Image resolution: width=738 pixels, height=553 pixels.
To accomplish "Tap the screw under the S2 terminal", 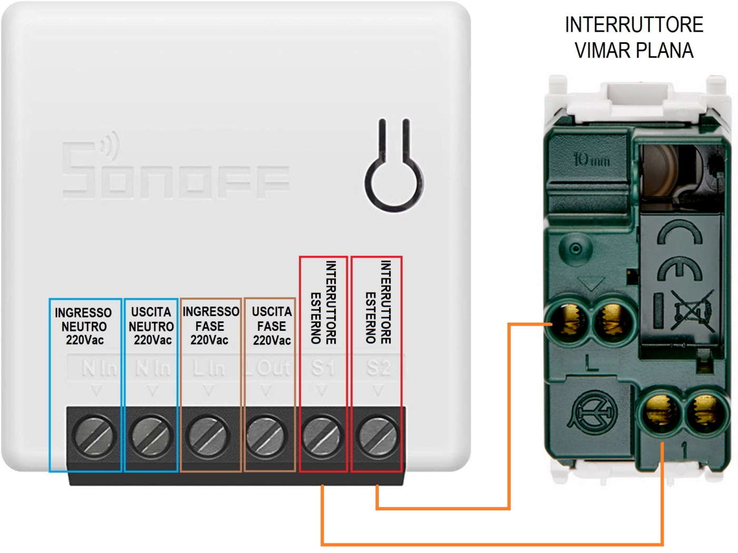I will coord(377,436).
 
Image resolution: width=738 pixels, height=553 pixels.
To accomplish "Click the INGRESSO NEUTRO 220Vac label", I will coord(84,326).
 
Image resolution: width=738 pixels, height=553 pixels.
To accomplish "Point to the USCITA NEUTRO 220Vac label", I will coord(151,326).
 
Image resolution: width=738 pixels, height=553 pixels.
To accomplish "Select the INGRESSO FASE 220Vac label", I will coord(210,326).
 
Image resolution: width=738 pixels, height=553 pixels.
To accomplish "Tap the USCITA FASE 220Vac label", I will coord(271,326).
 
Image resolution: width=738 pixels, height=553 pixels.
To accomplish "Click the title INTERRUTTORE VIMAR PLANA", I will coord(634,37).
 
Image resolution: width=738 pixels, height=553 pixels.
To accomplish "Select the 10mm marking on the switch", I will coord(591,159).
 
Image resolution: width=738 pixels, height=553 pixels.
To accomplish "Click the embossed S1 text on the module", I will coord(323,367).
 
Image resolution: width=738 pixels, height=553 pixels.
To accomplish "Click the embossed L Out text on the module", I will coord(268,368).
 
